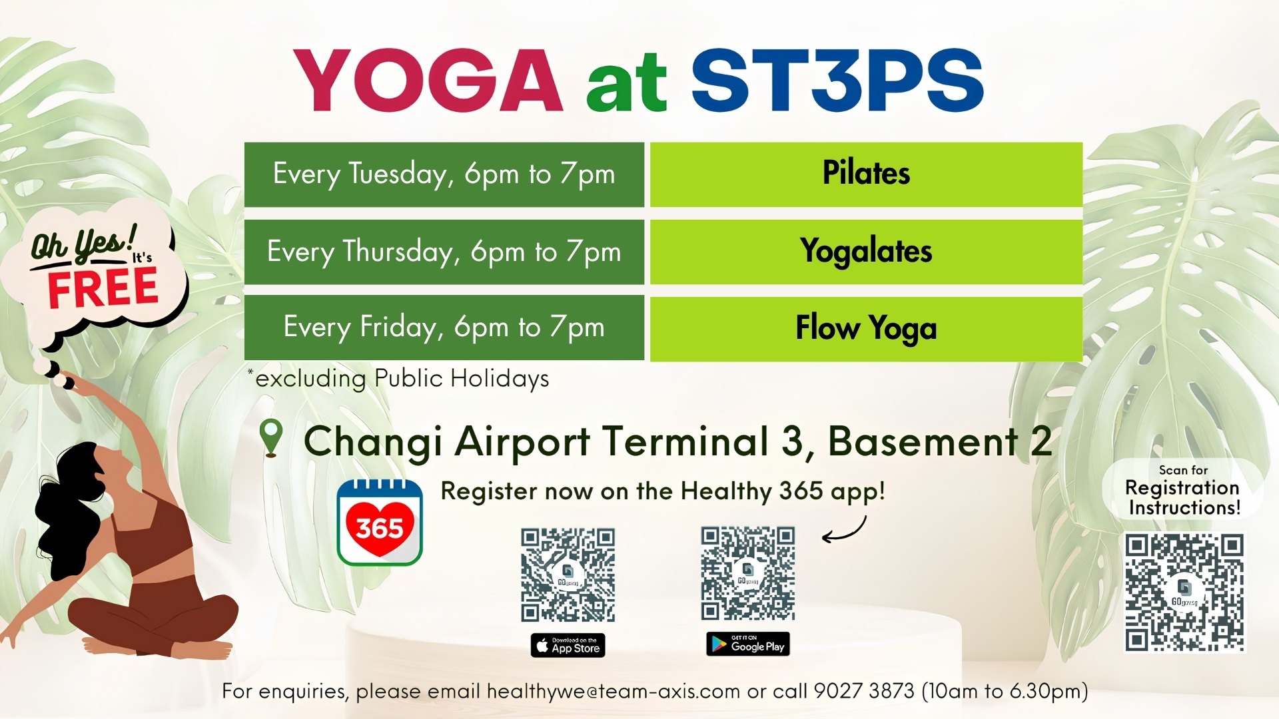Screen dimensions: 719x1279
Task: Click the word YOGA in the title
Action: point(428,81)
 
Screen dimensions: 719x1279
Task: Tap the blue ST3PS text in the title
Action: point(837,81)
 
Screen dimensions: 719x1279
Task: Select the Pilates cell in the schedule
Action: point(866,174)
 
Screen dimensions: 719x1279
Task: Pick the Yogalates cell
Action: point(866,252)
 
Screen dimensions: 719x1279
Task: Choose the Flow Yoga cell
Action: point(866,328)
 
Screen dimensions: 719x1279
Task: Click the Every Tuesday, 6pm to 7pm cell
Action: point(444,174)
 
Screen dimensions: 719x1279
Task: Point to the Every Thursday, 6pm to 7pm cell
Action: point(444,252)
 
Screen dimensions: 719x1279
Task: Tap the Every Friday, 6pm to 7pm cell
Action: point(444,327)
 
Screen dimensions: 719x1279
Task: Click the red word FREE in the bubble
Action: point(103,288)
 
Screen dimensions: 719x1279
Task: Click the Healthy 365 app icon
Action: point(380,523)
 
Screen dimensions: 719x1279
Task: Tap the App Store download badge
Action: point(568,645)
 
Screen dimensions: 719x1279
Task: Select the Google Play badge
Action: point(748,644)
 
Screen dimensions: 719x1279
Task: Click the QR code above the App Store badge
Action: point(568,575)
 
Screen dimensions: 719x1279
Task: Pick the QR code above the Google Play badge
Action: point(747,574)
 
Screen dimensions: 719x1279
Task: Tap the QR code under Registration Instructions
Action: point(1184,592)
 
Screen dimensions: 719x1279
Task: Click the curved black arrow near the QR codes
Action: point(844,531)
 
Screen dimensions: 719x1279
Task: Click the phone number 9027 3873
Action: point(864,691)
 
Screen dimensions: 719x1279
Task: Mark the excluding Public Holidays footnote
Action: point(400,378)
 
